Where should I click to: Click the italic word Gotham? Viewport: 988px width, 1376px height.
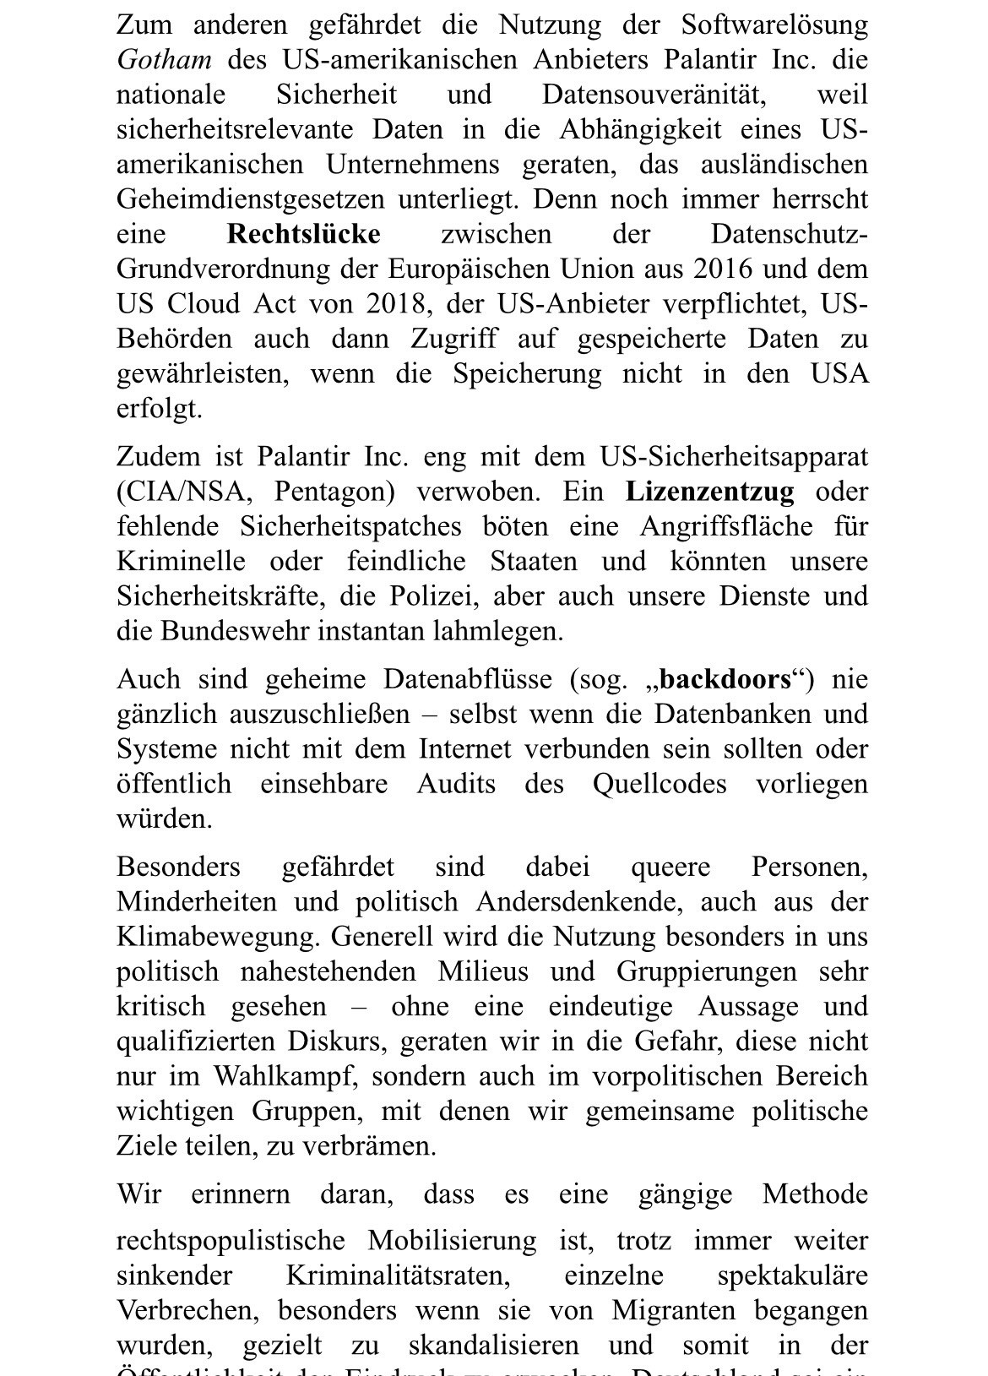point(164,60)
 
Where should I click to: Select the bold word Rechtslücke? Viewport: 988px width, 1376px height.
point(304,234)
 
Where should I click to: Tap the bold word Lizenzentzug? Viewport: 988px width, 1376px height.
point(709,492)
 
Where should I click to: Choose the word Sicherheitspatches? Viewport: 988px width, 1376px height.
point(350,526)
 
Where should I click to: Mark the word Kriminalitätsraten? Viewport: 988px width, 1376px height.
point(397,1275)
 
